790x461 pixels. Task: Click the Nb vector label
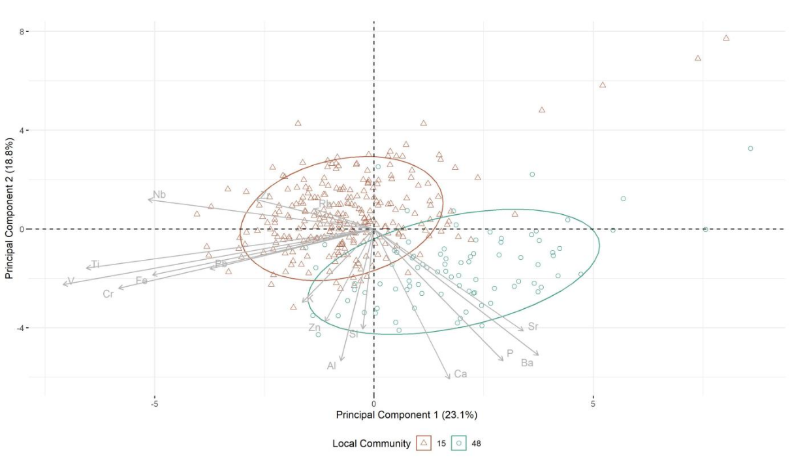159,195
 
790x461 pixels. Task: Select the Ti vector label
95,264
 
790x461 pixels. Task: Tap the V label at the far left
71,281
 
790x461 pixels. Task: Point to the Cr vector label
108,294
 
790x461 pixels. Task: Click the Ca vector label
460,374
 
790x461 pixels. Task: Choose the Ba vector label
527,363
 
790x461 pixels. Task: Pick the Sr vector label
533,326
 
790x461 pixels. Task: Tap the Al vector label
332,366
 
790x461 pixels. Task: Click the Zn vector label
314,327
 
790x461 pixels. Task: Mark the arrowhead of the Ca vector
449,378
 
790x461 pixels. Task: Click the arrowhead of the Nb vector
150,199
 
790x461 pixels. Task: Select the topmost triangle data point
726,38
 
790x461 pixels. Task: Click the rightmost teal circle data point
750,148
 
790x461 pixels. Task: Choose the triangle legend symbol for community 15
424,443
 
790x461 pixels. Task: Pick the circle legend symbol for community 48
460,443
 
